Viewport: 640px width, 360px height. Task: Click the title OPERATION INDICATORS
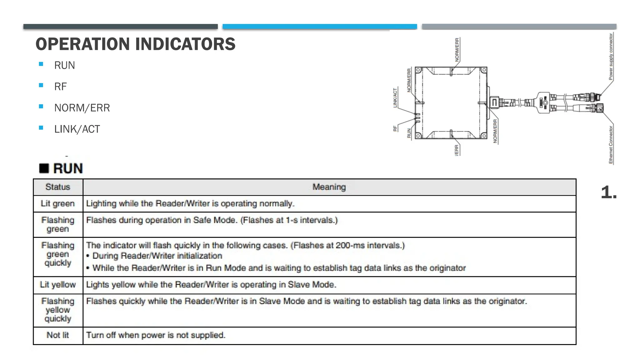135,44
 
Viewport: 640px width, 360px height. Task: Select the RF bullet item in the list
60,87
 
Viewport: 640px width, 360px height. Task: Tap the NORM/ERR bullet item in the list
82,108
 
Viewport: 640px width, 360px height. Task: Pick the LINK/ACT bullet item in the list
77,129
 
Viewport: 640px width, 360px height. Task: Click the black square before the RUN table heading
44,168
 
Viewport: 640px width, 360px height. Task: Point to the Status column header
58,187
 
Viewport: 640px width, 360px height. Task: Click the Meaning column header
329,187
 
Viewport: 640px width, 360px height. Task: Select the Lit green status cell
58,203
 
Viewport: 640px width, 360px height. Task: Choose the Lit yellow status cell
58,285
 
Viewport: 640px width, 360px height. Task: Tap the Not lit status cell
58,335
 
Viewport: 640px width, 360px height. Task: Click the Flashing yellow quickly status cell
58,310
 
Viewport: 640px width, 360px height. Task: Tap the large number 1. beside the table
608,192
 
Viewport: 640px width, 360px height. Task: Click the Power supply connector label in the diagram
611,57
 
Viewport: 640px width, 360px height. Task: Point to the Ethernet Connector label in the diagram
611,145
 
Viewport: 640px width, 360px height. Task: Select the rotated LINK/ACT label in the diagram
395,98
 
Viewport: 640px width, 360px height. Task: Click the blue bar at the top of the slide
320,27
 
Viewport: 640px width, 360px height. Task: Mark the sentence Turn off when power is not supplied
156,335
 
